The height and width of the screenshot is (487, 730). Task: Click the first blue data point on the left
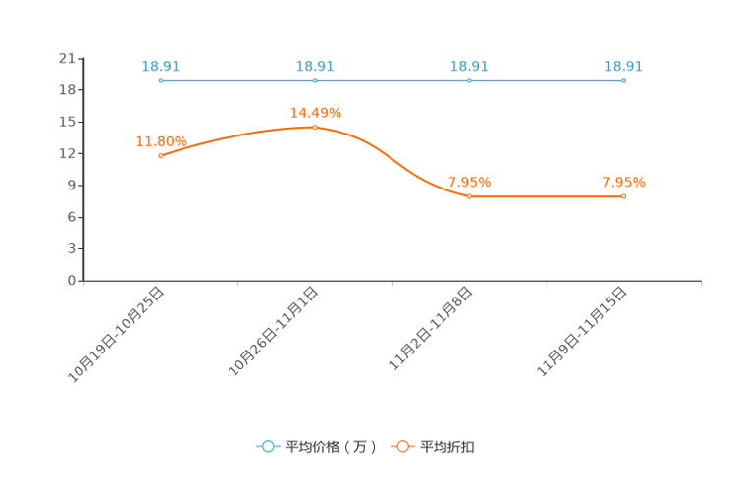coord(161,81)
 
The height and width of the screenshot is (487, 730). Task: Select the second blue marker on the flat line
coord(315,81)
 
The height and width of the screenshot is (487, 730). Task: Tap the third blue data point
coord(469,81)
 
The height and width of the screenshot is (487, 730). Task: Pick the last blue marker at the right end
coord(624,81)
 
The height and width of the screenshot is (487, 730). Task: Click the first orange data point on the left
coord(161,155)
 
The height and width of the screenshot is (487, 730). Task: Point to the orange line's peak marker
coord(315,128)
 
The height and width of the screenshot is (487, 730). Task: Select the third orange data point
coord(469,196)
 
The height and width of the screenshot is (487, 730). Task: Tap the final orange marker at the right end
coord(624,196)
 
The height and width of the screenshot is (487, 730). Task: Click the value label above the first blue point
coord(161,66)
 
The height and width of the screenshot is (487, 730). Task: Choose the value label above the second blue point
coord(315,66)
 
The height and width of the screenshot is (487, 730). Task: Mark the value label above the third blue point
coord(469,66)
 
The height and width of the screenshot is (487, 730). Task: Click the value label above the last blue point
coord(624,66)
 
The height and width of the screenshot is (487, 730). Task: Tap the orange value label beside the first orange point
coord(160,141)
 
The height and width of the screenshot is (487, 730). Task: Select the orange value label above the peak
coord(315,112)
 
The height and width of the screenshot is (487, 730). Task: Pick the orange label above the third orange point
coord(469,182)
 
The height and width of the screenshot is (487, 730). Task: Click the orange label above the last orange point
coord(624,182)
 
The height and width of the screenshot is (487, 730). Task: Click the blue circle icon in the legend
coord(267,446)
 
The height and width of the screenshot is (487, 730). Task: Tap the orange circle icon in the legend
coord(402,446)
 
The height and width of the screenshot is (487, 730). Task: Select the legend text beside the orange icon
coord(447,447)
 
